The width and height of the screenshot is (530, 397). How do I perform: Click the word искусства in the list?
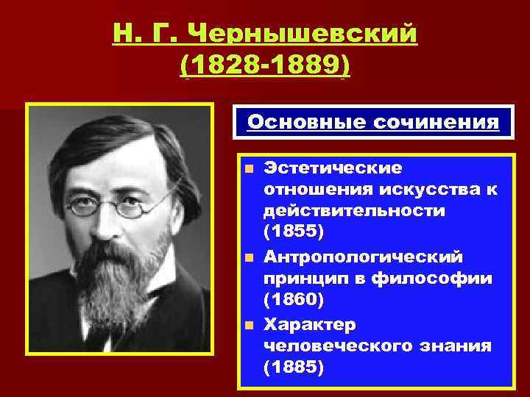(425, 190)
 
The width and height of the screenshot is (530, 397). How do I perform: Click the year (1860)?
(293, 300)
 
